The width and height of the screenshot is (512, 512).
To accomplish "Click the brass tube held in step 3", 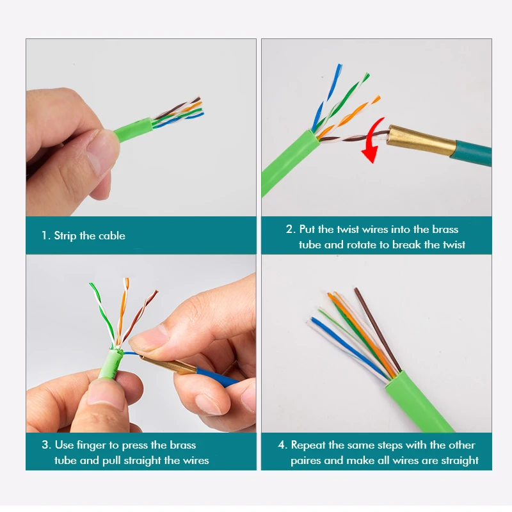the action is point(168,365).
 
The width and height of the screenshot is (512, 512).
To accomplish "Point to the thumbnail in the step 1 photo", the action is point(103,151).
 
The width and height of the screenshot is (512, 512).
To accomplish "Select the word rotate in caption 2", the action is point(362,244).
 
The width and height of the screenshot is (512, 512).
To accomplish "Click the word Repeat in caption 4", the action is point(308,445).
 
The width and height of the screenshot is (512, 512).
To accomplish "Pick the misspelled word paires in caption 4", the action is point(306,461).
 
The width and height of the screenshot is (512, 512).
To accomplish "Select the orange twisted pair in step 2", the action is point(348,118).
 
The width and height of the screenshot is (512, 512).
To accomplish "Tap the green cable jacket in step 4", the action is point(419,403).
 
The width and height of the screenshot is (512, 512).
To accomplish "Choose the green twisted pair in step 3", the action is point(102,314).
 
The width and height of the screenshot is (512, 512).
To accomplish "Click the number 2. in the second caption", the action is point(291,229).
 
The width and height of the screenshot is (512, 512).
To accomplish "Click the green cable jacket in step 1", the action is point(133,130).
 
